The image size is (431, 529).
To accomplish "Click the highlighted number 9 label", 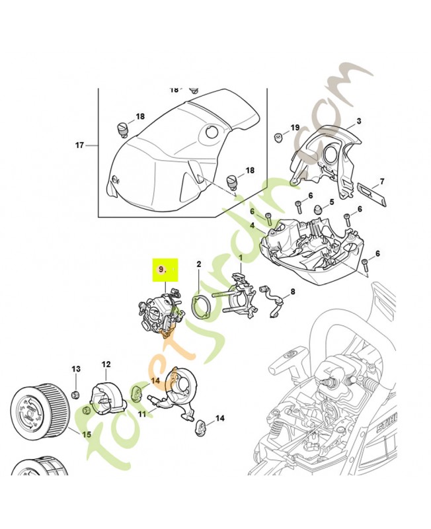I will click(x=162, y=269).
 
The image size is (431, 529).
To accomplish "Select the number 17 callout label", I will click(x=80, y=145).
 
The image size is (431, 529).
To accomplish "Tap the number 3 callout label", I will click(x=358, y=121).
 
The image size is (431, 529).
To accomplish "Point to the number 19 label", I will click(x=295, y=128).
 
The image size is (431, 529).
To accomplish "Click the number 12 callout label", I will click(x=106, y=364).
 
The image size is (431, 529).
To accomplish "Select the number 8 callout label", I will click(x=293, y=291).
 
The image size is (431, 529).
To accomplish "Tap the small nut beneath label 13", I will click(x=76, y=395).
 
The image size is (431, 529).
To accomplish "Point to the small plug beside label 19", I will click(x=279, y=138).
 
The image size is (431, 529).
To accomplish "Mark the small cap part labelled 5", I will click(x=318, y=210).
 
